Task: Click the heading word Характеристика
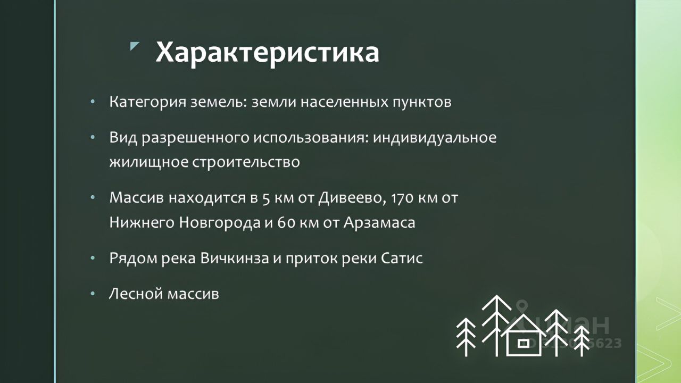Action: [x=267, y=52]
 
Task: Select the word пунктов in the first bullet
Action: [x=422, y=102]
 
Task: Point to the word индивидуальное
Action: [x=435, y=138]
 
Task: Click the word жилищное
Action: [x=148, y=162]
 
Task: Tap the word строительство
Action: [x=246, y=162]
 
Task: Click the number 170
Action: [x=402, y=198]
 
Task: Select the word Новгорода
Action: [x=220, y=222]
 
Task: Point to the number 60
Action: [x=286, y=223]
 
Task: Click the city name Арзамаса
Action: [x=379, y=222]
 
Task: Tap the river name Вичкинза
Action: [x=235, y=259]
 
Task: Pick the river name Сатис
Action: [x=402, y=259]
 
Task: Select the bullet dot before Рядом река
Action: [x=93, y=259]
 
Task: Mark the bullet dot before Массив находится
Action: [x=93, y=198]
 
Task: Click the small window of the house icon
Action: [x=522, y=343]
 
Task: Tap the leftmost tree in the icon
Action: [x=466, y=337]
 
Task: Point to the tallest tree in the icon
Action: [x=497, y=326]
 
